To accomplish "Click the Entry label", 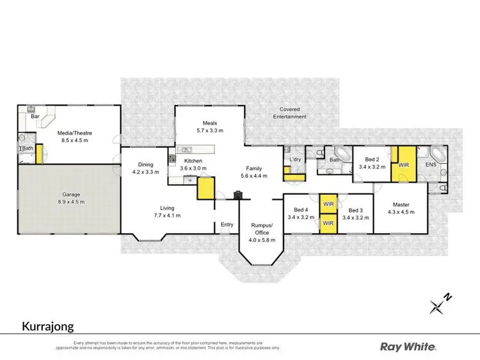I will (x=227, y=224).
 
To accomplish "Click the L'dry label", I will (x=295, y=158).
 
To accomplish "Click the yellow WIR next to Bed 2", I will (x=403, y=165).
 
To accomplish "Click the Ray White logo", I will (x=408, y=347).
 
